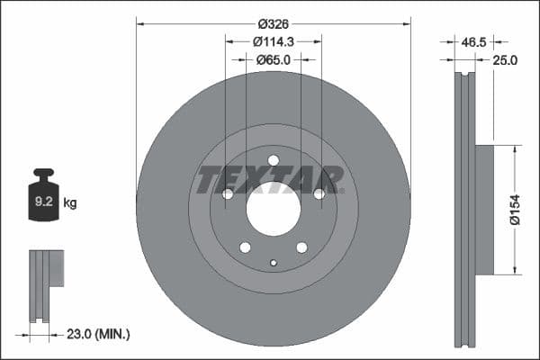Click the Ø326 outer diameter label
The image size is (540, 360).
[274, 23]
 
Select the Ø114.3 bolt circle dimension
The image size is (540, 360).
[274, 41]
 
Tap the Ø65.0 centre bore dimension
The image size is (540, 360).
[274, 59]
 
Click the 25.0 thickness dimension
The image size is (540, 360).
[504, 60]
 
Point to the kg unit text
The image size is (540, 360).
[70, 203]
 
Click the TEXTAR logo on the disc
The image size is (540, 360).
[270, 180]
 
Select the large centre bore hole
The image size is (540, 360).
[273, 211]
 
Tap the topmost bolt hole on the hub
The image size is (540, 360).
[274, 161]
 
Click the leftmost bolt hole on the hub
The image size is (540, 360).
[228, 193]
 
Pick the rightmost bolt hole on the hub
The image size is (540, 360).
[319, 193]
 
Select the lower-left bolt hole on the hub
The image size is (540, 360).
[245, 247]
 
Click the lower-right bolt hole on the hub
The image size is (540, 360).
[301, 247]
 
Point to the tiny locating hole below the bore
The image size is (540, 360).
[274, 263]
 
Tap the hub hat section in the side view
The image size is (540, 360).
[484, 210]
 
